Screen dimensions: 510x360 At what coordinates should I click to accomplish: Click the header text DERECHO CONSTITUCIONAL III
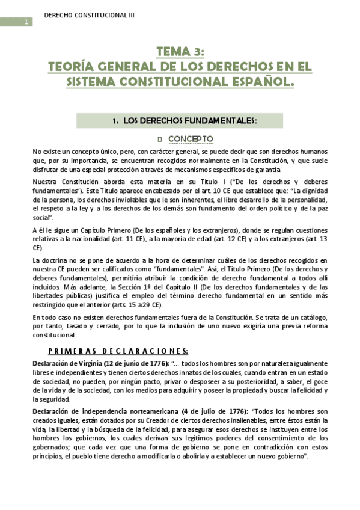pyautogui.click(x=90, y=14)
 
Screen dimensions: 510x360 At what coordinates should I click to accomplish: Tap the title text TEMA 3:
pyautogui.click(x=181, y=51)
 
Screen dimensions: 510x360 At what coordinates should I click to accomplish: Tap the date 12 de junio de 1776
pyautogui.click(x=136, y=363)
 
